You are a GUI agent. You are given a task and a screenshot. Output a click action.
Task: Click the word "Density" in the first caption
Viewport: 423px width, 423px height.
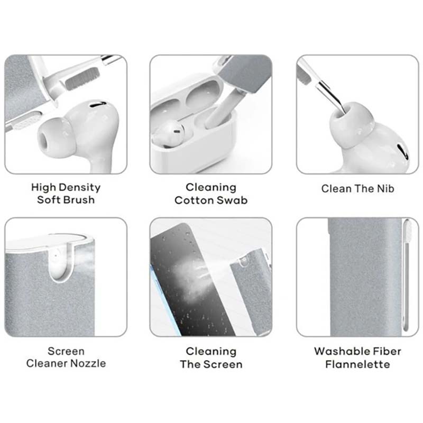(x=80, y=188)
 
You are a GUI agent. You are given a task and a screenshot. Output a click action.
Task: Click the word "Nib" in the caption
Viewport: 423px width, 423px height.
(x=386, y=189)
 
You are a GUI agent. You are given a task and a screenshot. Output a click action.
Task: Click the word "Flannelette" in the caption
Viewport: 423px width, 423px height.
(x=358, y=364)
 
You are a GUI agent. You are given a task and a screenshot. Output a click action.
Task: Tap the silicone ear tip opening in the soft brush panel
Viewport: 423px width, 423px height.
(x=44, y=140)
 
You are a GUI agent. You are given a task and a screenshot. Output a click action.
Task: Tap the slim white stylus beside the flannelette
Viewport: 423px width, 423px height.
(x=406, y=275)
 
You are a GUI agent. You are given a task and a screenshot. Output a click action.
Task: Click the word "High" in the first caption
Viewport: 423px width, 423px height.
(x=43, y=188)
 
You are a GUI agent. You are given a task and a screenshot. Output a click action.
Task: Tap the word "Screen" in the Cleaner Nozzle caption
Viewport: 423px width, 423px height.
(x=66, y=351)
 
